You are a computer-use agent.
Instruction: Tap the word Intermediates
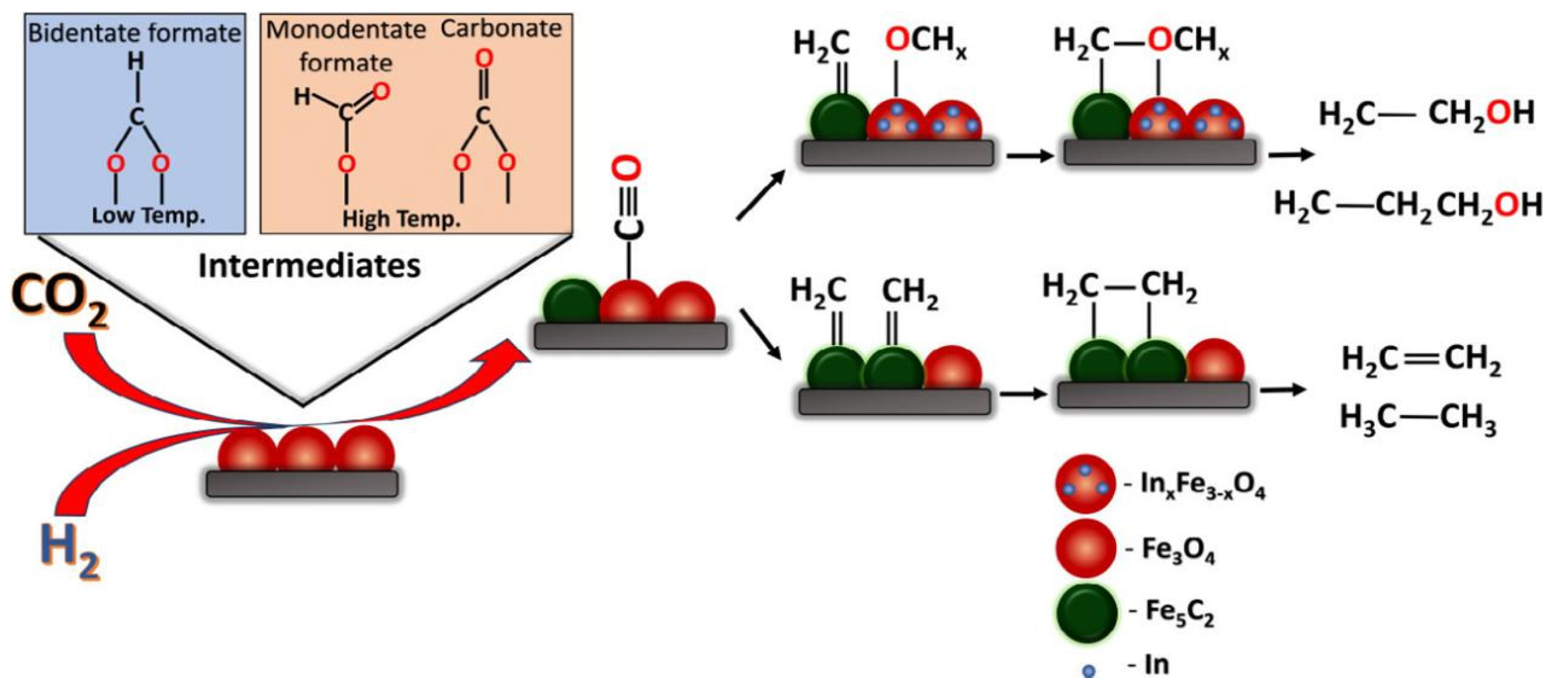(x=309, y=266)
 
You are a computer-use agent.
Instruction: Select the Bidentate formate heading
(x=135, y=33)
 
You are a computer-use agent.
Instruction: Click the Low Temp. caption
(x=148, y=216)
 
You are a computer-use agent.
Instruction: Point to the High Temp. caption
(x=401, y=219)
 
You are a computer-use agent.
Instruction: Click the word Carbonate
(x=501, y=29)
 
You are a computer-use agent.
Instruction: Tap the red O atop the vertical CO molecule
(x=626, y=169)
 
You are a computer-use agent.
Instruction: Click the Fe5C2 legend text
(x=1180, y=612)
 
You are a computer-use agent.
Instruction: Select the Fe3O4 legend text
(x=1178, y=550)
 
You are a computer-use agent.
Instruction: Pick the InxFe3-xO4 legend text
(x=1202, y=485)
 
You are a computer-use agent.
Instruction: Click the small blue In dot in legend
(x=1089, y=671)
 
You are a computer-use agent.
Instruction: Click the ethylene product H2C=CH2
(x=1421, y=360)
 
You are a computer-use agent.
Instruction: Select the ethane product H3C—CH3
(x=1418, y=418)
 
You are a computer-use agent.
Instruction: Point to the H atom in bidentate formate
(x=136, y=61)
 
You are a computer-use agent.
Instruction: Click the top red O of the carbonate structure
(x=484, y=59)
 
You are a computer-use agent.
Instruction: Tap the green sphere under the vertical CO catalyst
(x=571, y=302)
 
